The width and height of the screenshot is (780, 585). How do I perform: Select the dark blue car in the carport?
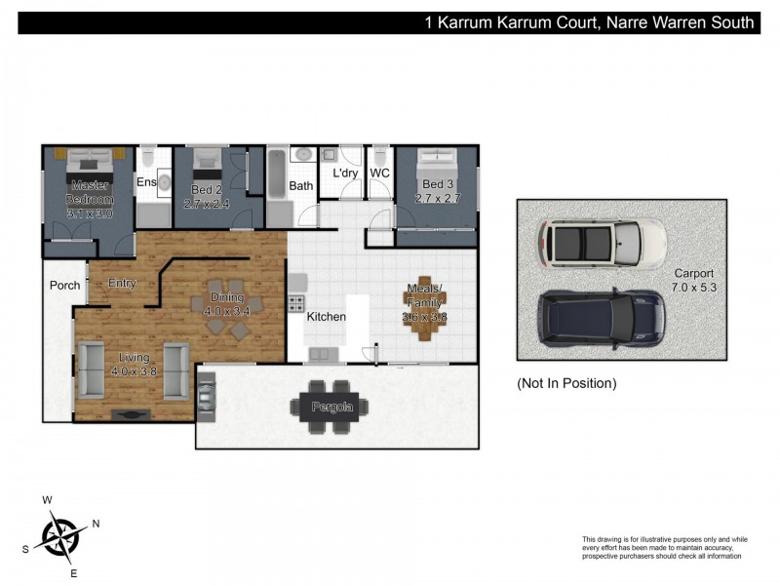601,317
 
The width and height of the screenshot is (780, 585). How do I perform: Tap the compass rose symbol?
60,535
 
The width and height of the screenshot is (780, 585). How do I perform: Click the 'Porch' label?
65,286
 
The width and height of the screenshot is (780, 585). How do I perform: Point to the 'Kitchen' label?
326,317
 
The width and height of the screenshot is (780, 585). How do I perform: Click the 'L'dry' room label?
345,174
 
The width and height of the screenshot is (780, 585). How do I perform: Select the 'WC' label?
379,174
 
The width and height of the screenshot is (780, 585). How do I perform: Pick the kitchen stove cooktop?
296,303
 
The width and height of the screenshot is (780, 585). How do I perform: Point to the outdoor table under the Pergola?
331,405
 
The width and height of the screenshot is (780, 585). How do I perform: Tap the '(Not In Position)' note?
566,383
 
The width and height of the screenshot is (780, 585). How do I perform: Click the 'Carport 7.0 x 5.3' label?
693,282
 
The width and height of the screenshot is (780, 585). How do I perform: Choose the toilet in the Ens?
147,158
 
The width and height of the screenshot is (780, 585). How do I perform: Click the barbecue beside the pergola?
207,395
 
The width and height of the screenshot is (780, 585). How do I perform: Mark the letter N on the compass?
96,524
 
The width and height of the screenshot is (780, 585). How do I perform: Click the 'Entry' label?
122,284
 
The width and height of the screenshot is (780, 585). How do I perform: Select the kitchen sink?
323,353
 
